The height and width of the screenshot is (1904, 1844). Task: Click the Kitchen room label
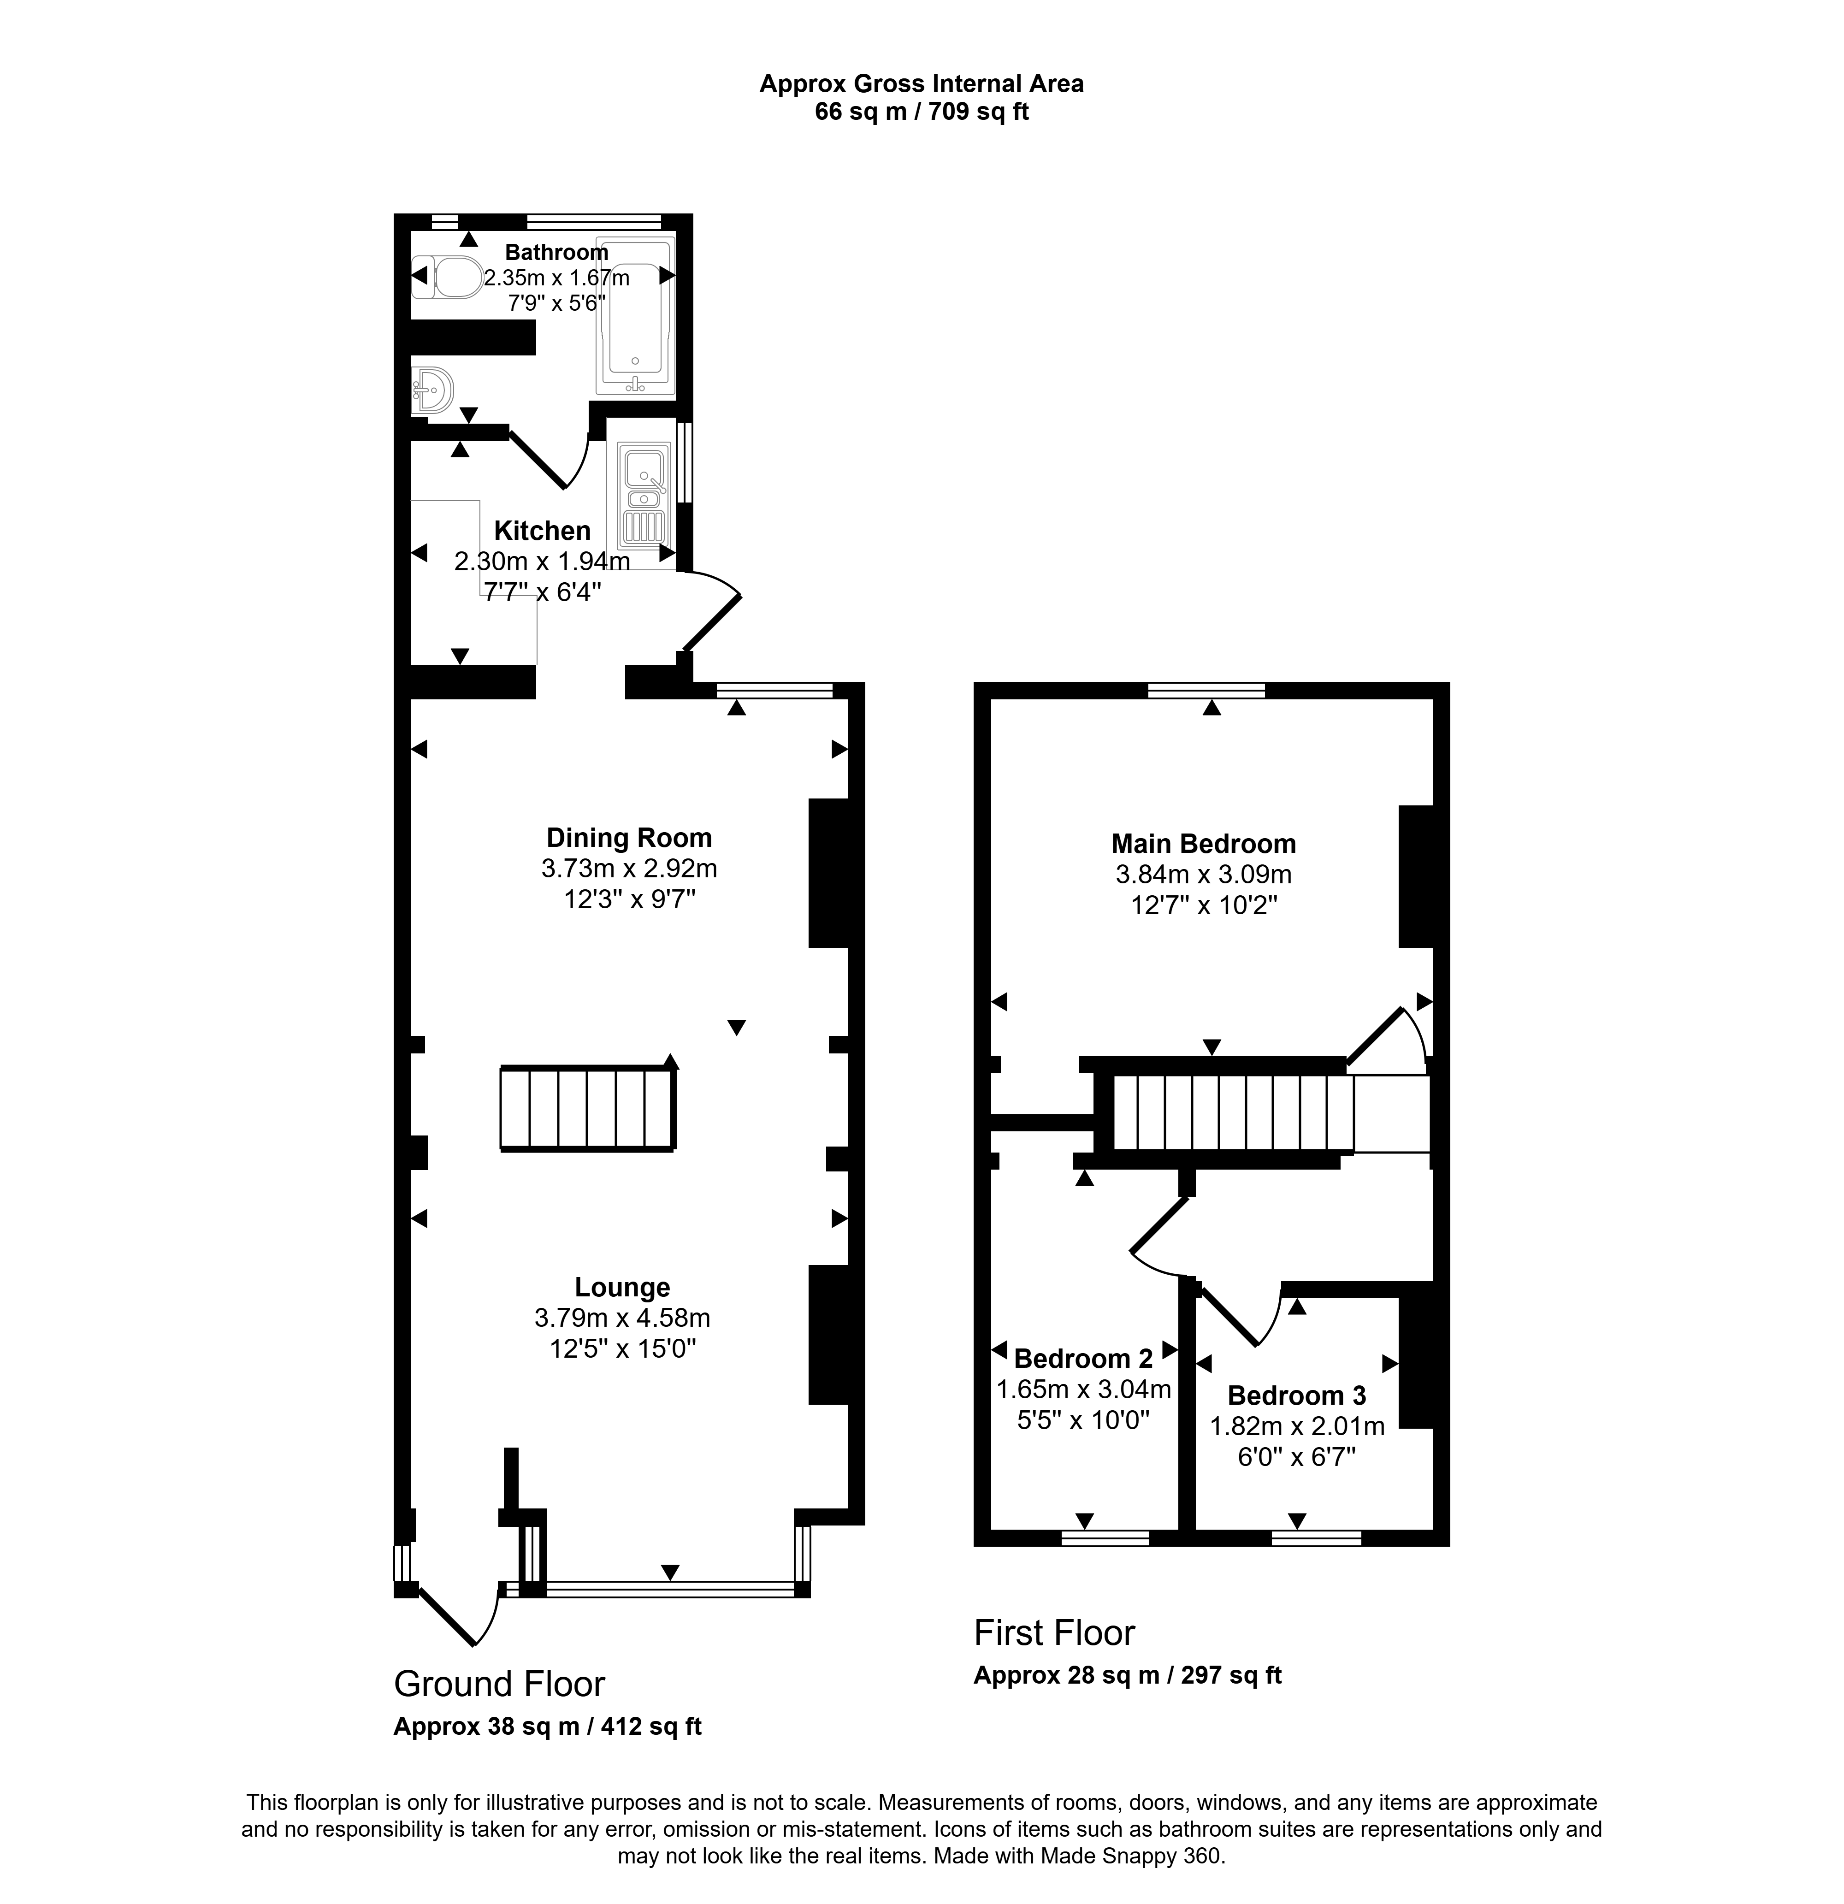(542, 530)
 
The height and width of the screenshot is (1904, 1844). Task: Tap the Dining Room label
(629, 837)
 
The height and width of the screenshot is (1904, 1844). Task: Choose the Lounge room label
(622, 1287)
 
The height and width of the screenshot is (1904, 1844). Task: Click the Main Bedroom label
(1204, 843)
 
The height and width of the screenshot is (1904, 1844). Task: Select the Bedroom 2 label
(1083, 1358)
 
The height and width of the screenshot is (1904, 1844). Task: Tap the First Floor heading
(1054, 1633)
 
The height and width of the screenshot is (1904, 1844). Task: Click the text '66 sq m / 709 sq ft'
(921, 112)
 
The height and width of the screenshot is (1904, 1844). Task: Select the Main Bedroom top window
(1206, 691)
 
